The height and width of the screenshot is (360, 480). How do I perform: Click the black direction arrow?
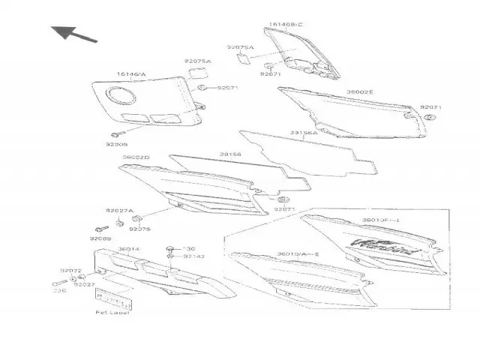pos(74,33)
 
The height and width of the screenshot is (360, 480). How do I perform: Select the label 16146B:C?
pos(285,25)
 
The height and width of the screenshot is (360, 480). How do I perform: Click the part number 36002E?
pos(360,92)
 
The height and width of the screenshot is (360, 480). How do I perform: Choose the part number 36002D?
pos(136,157)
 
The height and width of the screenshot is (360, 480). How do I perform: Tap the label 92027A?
pos(118,211)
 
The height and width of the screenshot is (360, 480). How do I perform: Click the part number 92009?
pos(100,238)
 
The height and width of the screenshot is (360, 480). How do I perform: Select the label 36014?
pos(128,249)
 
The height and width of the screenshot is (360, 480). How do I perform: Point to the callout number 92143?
pos(194,256)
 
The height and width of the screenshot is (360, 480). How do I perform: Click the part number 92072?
pos(71,270)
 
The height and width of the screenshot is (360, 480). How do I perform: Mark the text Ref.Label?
pos(112,312)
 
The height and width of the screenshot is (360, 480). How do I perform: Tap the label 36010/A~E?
pos(298,254)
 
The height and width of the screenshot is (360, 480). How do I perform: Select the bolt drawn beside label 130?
pos(172,248)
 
